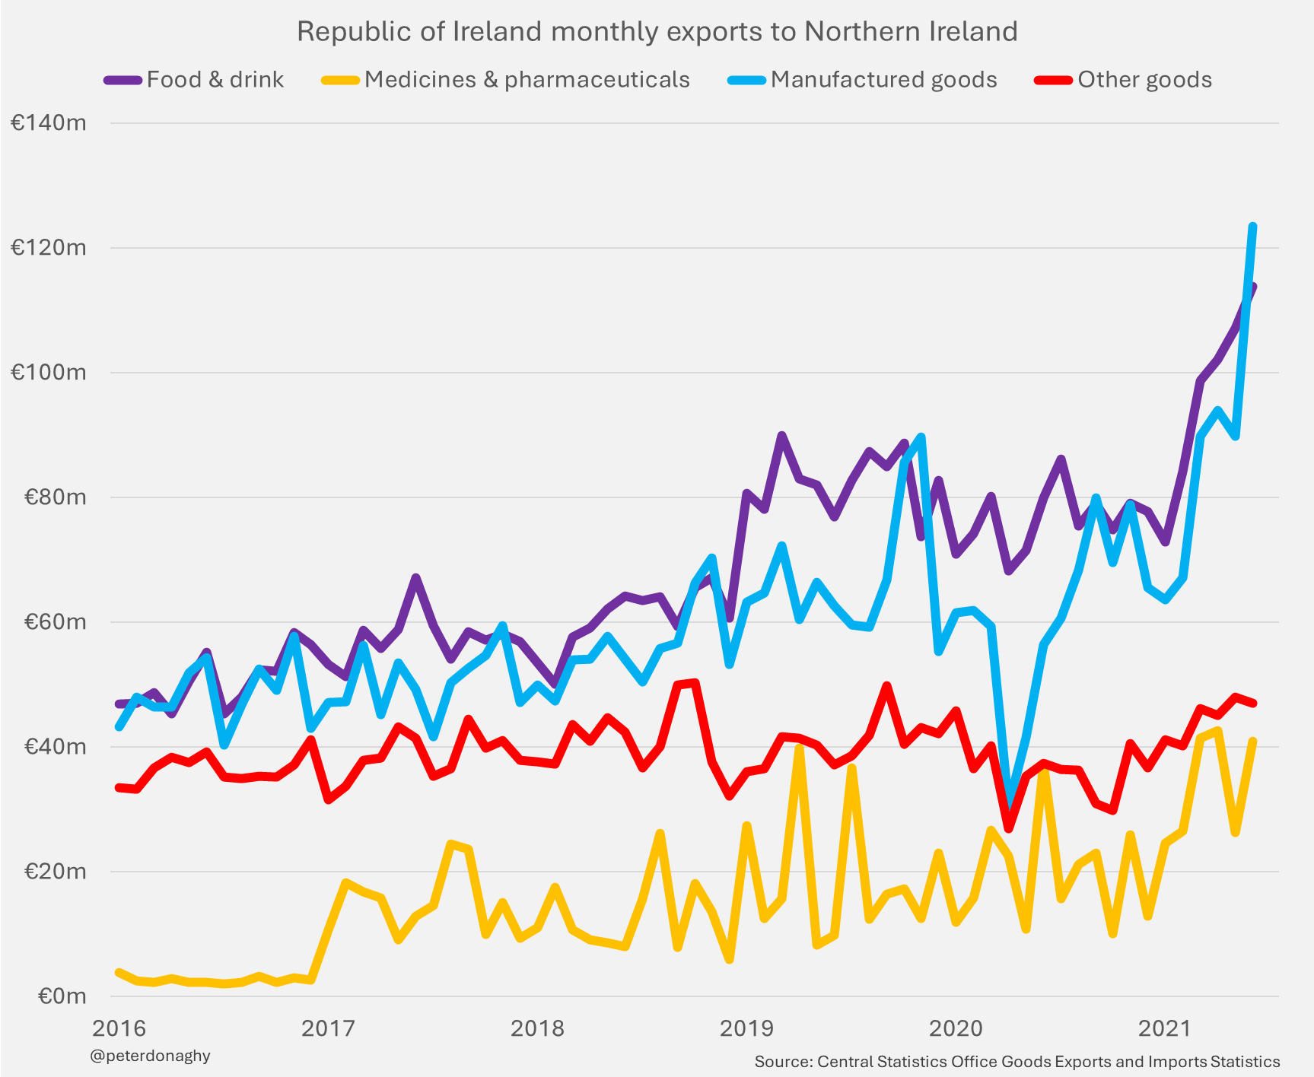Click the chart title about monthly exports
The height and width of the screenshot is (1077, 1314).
pos(657,32)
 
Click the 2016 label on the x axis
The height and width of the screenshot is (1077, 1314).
pos(119,1028)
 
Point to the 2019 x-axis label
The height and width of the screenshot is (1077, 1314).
pos(746,1028)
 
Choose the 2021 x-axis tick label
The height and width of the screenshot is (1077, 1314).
pos(1164,1028)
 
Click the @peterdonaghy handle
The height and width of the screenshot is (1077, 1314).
pos(150,1056)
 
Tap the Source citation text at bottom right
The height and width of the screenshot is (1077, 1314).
pos(1017,1062)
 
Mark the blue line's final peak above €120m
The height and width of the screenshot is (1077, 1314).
pos(1252,226)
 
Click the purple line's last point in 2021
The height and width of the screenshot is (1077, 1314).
pos(1253,287)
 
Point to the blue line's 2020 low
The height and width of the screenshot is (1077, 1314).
pos(1009,809)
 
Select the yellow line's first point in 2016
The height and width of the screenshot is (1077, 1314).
pos(119,973)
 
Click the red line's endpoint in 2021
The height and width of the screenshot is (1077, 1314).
pos(1253,704)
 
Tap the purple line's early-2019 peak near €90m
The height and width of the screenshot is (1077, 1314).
pos(781,435)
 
